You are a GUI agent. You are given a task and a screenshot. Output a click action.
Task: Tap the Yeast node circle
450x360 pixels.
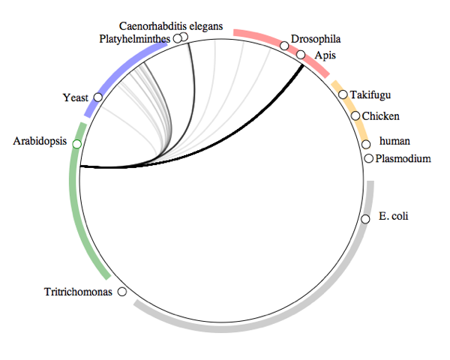point(98,97)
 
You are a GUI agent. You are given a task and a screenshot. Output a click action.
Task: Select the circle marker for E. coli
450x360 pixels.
point(365,219)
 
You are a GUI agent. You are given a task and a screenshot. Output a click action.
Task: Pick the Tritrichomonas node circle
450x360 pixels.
point(122,292)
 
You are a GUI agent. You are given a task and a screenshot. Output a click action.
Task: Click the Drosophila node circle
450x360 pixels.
point(284,46)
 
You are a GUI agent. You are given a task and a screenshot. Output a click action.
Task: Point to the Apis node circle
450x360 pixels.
point(301,55)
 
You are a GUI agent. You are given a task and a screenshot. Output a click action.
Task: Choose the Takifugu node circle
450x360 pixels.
point(343,94)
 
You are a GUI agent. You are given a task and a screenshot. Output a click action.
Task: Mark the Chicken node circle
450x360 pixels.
point(355,116)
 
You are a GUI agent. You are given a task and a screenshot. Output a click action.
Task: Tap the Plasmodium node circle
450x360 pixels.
point(368,158)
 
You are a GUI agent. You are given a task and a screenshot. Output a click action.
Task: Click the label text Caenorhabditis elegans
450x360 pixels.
point(171,26)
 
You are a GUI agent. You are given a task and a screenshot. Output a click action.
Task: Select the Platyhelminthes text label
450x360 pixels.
point(135,38)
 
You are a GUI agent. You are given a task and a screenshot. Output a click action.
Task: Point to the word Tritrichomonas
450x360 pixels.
point(78,292)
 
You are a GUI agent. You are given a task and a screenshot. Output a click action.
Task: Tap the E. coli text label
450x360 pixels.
point(394,218)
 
